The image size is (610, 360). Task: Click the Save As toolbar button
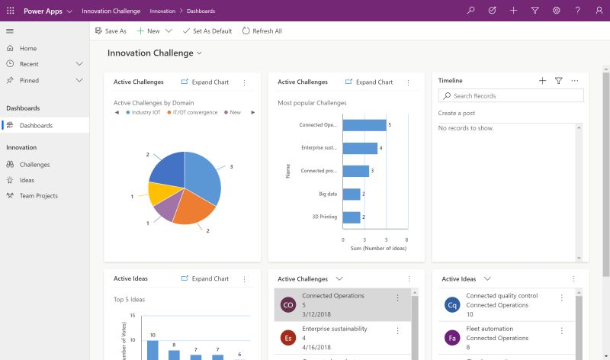point(111,31)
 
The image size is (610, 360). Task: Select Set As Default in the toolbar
point(207,31)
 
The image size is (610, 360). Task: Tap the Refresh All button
point(262,31)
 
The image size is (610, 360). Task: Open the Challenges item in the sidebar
point(34,164)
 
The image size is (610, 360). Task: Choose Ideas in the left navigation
point(27,180)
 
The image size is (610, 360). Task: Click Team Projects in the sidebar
point(38,196)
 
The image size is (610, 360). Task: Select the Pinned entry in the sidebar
point(29,80)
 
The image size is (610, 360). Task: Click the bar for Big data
point(352,194)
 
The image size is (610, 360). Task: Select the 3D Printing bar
point(352,217)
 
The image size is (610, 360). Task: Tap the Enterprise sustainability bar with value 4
point(360,148)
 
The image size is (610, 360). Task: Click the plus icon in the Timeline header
point(542,81)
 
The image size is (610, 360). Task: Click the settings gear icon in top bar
point(557,11)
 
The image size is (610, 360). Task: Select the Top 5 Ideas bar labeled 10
point(152,349)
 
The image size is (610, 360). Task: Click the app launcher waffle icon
point(11,11)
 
